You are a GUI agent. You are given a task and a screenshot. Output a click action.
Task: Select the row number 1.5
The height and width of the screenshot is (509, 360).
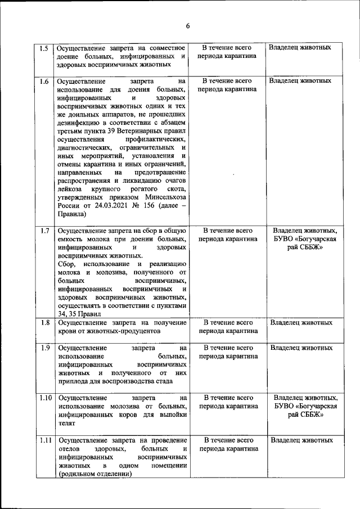[44, 48]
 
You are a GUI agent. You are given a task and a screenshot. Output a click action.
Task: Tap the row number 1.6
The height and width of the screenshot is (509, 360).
[44, 81]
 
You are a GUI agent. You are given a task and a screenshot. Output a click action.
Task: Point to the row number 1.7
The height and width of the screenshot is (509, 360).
[44, 231]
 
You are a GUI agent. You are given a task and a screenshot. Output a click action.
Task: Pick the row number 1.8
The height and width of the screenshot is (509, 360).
[44, 323]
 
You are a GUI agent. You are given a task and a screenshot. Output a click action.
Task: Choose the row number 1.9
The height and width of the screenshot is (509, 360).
[44, 348]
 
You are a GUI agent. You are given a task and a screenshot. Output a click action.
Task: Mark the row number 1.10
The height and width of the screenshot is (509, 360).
[46, 398]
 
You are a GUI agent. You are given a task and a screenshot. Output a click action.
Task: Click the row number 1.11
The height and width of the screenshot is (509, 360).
[46, 440]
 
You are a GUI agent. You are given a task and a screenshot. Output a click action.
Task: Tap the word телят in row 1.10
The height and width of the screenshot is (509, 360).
[66, 424]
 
